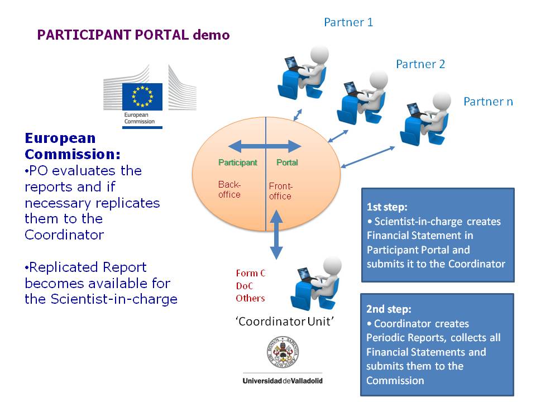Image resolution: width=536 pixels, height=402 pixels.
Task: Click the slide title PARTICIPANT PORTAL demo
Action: (x=133, y=35)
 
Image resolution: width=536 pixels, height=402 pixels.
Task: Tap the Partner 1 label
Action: (x=348, y=22)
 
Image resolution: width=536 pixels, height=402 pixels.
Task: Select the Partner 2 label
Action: (x=420, y=64)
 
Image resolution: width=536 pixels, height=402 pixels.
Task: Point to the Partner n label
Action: (x=488, y=102)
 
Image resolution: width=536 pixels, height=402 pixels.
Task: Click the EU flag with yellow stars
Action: (x=142, y=96)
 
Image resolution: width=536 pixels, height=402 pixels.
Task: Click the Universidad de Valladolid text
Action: (x=283, y=381)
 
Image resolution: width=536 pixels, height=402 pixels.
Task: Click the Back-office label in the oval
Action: (x=229, y=189)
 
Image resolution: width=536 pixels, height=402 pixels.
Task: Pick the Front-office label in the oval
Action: (x=280, y=191)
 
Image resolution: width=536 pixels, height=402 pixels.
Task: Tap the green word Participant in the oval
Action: (x=238, y=162)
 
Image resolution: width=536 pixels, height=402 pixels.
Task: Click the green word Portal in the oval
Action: (x=288, y=162)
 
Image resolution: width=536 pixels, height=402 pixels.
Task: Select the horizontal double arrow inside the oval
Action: (x=265, y=147)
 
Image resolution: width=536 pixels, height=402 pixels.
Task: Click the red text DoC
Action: (x=245, y=285)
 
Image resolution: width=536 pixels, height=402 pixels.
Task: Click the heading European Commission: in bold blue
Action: (x=73, y=146)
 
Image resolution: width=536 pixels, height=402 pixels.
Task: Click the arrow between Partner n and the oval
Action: (x=368, y=157)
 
